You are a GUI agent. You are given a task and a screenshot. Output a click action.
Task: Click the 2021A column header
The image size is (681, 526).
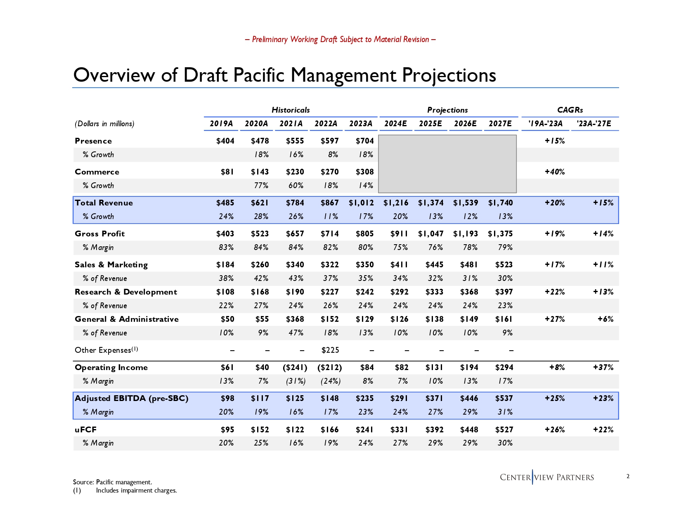pos(291,124)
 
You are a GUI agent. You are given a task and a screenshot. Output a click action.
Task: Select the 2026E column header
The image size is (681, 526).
pos(465,124)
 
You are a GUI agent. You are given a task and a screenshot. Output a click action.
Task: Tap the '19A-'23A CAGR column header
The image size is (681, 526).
pos(546,124)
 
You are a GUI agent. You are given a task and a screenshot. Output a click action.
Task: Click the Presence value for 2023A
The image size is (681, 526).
pos(364,141)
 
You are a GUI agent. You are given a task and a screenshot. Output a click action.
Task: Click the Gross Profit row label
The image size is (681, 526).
pos(99,234)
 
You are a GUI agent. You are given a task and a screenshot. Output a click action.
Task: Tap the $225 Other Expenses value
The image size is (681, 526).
pos(330,350)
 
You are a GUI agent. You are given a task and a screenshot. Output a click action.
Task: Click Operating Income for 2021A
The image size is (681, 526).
pos(295,368)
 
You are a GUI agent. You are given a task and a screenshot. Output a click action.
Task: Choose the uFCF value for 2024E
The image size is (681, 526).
pos(399,430)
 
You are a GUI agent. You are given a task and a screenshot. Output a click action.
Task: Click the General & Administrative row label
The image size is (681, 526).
pos(126,319)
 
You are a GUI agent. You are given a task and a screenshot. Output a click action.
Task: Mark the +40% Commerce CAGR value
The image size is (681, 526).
pos(555,172)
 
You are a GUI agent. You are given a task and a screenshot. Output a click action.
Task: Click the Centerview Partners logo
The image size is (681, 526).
pos(546,477)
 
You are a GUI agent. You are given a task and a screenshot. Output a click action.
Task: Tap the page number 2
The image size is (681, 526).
pos(628,476)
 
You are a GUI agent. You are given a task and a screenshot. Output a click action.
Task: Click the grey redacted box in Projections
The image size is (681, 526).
pos(447,164)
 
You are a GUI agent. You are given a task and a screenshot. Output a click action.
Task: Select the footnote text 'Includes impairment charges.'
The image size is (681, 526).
pos(136,491)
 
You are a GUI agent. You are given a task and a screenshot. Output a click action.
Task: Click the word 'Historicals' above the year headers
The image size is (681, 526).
pos(291,110)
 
